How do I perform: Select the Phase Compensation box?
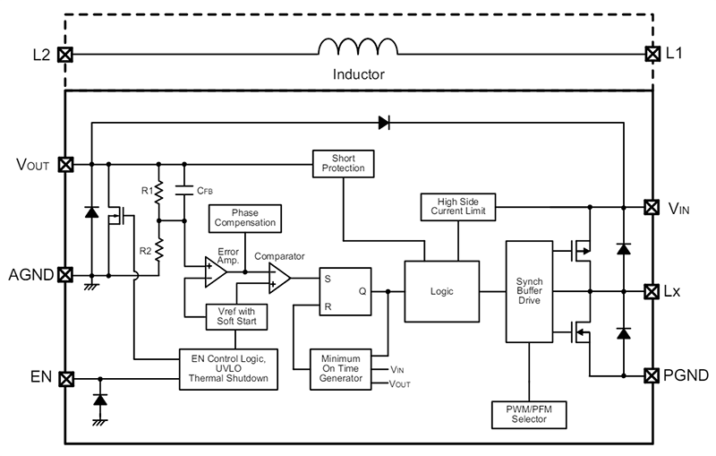[244, 217]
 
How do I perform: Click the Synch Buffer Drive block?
[529, 291]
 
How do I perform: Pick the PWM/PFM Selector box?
[529, 415]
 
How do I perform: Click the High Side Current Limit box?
[458, 207]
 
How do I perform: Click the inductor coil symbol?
[358, 50]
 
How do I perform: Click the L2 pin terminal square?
[64, 55]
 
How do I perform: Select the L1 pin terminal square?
[652, 55]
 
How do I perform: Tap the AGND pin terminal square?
[64, 274]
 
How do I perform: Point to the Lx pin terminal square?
[652, 291]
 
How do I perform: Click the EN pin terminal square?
[64, 379]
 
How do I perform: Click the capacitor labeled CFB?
[184, 190]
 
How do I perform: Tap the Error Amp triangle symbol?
[216, 271]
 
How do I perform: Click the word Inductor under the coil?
[358, 75]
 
